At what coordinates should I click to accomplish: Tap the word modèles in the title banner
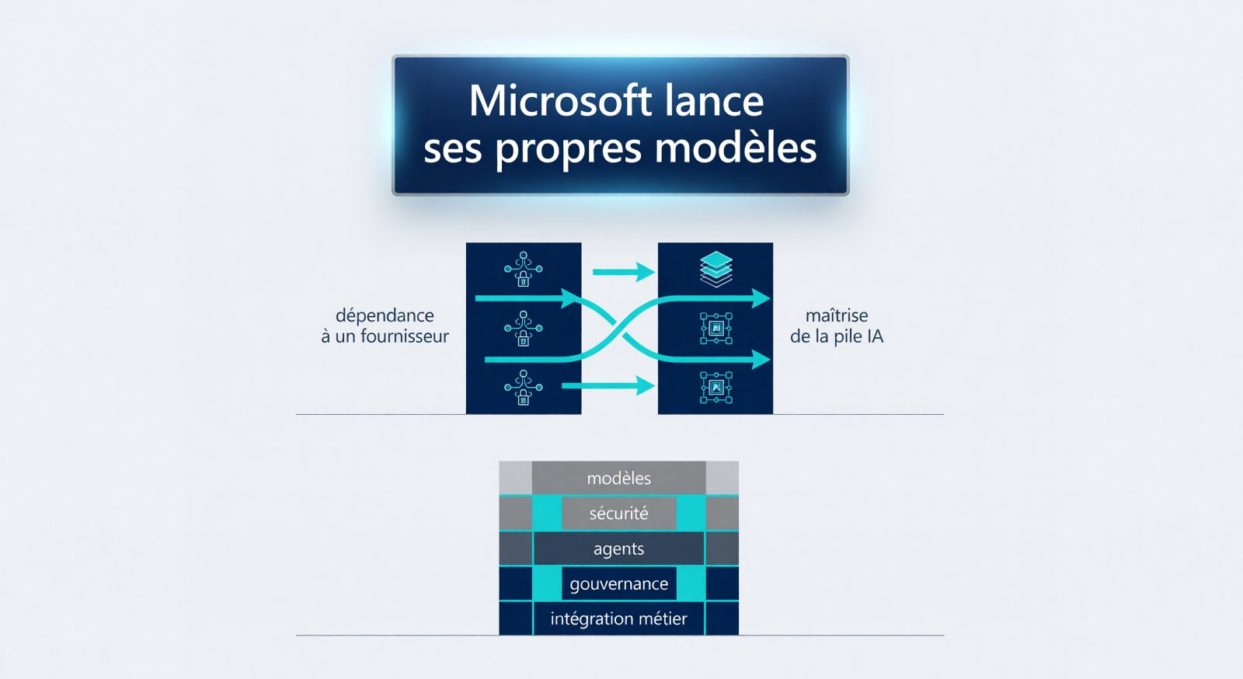point(735,148)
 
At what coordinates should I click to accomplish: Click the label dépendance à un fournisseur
point(385,326)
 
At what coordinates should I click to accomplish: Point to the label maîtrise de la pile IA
point(836,326)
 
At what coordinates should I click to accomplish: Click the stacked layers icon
point(716,269)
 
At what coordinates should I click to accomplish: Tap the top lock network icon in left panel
point(524,269)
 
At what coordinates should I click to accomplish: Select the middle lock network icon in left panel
point(524,329)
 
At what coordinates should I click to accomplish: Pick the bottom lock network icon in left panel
point(524,388)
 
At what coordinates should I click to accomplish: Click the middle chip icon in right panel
point(716,329)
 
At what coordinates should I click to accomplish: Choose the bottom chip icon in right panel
point(716,388)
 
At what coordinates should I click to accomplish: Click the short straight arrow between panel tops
point(624,272)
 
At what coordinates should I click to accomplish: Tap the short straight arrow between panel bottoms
point(608,385)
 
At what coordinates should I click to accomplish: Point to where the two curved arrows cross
point(618,329)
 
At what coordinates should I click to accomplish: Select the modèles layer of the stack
point(618,478)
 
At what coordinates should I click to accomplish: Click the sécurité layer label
point(618,513)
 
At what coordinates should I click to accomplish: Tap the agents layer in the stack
point(618,548)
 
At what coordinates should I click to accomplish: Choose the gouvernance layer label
point(618,583)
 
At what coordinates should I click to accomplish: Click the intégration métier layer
point(618,618)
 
